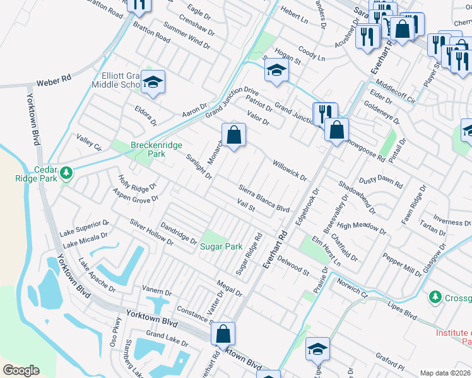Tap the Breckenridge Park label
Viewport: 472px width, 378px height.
[148, 149]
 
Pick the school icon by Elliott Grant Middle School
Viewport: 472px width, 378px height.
[153, 83]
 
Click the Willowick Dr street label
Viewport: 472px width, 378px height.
[289, 170]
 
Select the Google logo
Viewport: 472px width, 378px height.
[21, 370]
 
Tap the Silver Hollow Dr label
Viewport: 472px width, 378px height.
[151, 232]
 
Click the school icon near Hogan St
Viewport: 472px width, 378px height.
[276, 71]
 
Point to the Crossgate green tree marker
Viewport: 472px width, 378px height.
[434, 296]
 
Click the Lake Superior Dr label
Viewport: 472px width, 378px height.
[85, 227]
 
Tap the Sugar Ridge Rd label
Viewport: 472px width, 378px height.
[249, 254]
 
